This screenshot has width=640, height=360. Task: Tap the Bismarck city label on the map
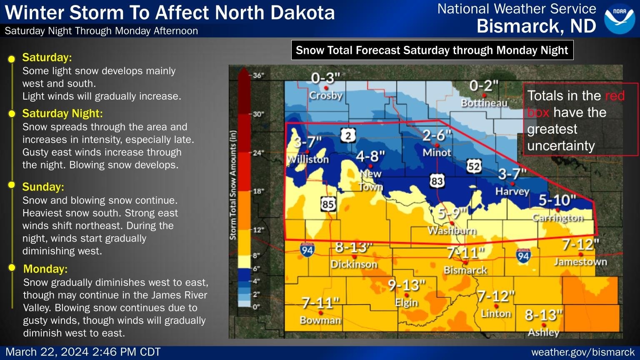pos(465,270)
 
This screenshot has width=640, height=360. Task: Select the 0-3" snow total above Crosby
pos(326,78)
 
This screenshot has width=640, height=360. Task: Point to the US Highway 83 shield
pos(437,181)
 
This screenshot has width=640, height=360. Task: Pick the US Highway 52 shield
pos(474,166)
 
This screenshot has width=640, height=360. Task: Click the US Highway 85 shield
pos(328,204)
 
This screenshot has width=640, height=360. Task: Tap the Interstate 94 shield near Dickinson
pos(307,250)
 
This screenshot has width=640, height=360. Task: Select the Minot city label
pos(437,152)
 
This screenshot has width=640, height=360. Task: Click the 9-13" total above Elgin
pos(406,285)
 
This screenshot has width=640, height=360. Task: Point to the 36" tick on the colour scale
pos(258,75)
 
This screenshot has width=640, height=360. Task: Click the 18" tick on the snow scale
pos(258,191)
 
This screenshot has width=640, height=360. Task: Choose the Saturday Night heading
pos(62,113)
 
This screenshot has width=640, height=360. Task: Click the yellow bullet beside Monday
pos(12,267)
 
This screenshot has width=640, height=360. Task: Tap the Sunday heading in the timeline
pos(43,187)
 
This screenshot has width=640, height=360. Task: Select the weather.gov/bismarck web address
pos(583,352)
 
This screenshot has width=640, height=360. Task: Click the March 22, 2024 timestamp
pos(83,352)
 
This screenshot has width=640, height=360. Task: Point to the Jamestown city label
pos(580,262)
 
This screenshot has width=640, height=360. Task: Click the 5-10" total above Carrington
pos(557,200)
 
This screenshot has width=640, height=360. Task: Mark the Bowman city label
pos(320,320)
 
